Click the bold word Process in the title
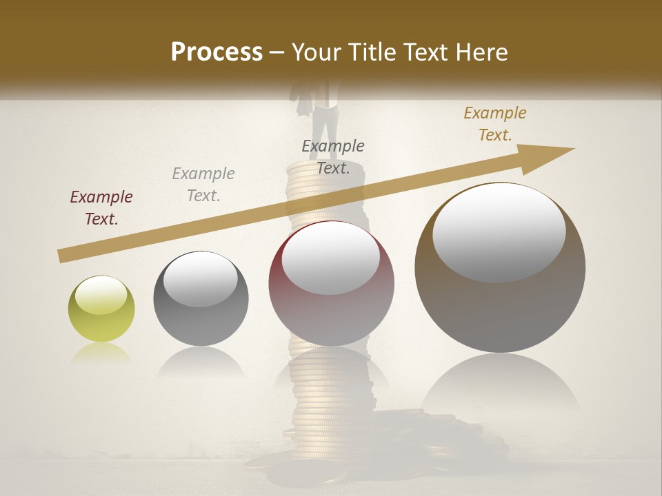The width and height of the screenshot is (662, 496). (217, 52)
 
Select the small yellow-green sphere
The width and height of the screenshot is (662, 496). (101, 309)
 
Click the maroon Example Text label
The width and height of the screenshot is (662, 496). (101, 208)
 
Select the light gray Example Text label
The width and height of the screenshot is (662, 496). (203, 185)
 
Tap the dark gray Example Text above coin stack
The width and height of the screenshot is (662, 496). (333, 156)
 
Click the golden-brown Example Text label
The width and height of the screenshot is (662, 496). (495, 124)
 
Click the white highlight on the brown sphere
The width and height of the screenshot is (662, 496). (499, 233)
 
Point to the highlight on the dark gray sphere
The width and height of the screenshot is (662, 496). (201, 279)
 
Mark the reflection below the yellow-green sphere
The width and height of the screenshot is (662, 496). (101, 353)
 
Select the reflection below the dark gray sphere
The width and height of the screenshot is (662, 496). (201, 362)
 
